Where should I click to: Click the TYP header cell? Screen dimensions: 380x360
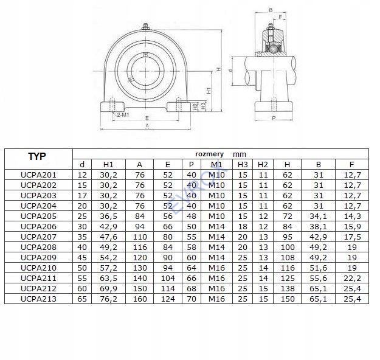pos(37,156)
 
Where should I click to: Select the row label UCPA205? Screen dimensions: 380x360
pos(38,216)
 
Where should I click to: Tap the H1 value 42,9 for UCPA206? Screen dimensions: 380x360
pos(109,226)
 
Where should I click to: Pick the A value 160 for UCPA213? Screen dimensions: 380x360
pos(140,299)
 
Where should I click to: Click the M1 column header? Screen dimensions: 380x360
pos(216,164)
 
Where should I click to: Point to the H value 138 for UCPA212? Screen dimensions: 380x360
pos(288,288)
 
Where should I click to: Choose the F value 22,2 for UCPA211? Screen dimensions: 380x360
pos(352,278)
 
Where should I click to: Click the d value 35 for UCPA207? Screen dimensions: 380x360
pos(82,237)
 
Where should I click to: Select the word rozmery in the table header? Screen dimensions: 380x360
pos(209,154)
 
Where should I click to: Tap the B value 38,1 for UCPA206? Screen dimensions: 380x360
pos(318,226)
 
